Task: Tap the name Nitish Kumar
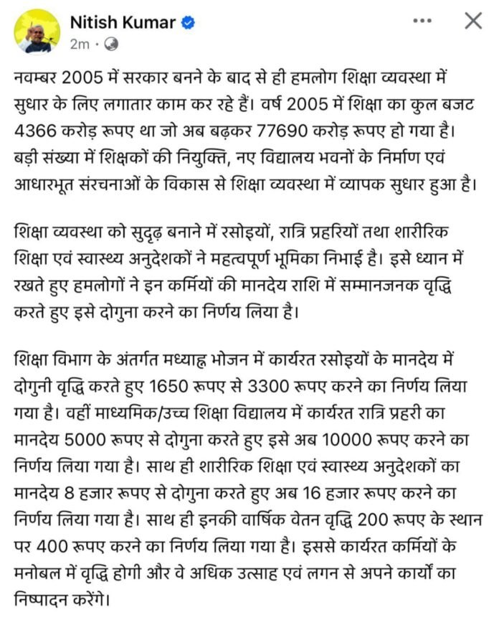(123, 22)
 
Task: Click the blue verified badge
(188, 23)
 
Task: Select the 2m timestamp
(79, 44)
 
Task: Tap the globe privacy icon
(111, 44)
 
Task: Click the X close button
(473, 22)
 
